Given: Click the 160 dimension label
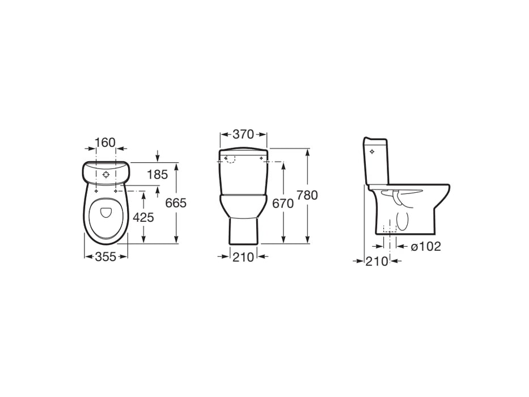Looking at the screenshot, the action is pyautogui.click(x=105, y=142).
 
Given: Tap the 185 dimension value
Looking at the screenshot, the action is pyautogui.click(x=157, y=175).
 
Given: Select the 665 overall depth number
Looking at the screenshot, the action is pyautogui.click(x=176, y=203).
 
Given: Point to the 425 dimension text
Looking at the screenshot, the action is pyautogui.click(x=143, y=217).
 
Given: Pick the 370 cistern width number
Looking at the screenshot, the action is pyautogui.click(x=243, y=134).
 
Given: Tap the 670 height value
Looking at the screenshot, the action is pyautogui.click(x=283, y=204).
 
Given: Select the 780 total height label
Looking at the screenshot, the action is pyautogui.click(x=307, y=195).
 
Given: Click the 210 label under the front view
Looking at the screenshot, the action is pyautogui.click(x=243, y=257).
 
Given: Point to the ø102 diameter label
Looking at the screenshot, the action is pyautogui.click(x=426, y=247).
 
